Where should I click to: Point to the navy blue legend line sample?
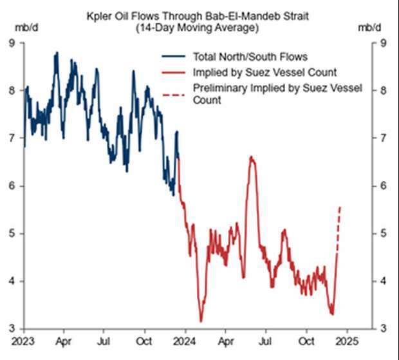(174, 57)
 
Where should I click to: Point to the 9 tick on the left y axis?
(12, 43)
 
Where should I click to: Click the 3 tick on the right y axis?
(383, 328)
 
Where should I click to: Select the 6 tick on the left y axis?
(12, 185)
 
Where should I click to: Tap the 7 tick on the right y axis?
(383, 138)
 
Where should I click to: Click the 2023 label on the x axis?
(23, 340)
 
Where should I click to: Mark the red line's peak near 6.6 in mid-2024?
(252, 156)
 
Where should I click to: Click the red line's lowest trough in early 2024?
(201, 321)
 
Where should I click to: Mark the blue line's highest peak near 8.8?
(57, 53)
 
